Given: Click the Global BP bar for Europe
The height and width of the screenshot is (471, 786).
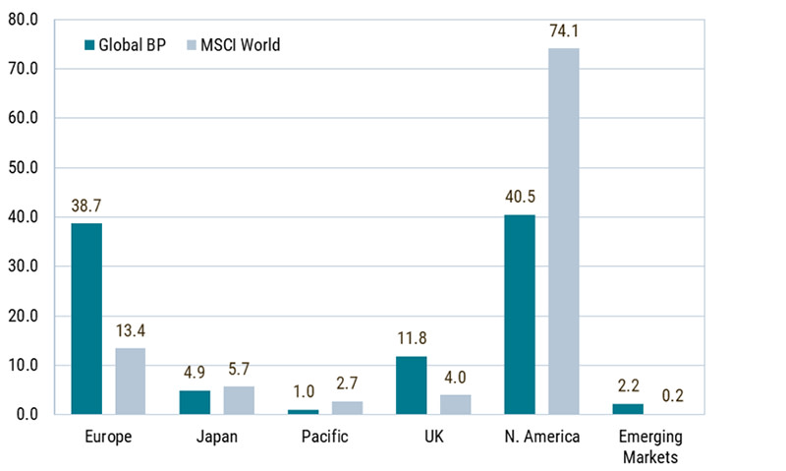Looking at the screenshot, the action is point(86,319).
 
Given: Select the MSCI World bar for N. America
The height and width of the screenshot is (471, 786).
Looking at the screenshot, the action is point(564,231).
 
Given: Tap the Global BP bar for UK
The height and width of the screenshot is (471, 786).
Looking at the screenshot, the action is point(412,385).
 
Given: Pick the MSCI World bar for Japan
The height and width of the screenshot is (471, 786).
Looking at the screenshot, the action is point(239,400).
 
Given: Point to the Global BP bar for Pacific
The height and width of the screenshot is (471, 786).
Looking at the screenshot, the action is point(304,412).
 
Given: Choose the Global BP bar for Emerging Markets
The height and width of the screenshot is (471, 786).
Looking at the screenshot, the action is point(628,409).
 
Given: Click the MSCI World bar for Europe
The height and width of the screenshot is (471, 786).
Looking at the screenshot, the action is point(131,382).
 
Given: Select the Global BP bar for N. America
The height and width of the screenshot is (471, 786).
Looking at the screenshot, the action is point(520,315).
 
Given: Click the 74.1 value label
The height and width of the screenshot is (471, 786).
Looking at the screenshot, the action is point(564,31).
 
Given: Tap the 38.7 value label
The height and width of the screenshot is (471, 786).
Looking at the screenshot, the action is point(86,206).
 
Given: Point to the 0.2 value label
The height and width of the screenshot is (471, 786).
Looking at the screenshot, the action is point(673,395).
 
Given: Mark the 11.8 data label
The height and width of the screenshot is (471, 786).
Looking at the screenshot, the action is point(412,338).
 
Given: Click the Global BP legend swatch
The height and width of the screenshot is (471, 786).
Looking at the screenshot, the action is point(89,45).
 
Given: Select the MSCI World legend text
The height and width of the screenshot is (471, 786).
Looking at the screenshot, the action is point(241,45).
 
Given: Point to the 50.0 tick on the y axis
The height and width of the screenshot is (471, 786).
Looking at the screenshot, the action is point(23,167).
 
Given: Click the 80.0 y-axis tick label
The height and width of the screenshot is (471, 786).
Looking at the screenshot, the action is point(23,20).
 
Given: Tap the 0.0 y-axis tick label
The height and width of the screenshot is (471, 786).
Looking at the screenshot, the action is point(28,414).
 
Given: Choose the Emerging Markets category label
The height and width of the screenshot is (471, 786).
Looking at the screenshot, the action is point(650,447).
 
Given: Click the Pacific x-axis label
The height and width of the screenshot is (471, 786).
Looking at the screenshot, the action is point(325,437).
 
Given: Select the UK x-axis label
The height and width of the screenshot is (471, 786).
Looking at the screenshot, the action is point(434,437).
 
